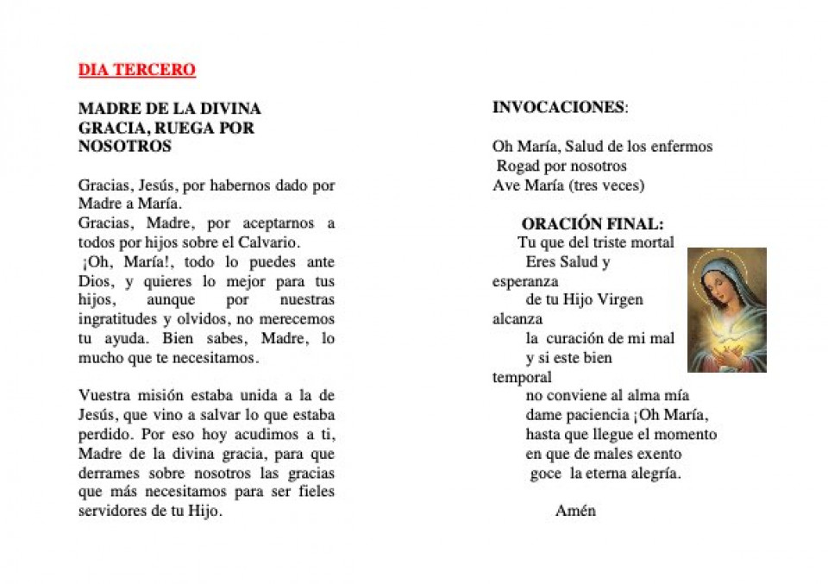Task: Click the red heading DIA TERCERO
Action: click(x=136, y=70)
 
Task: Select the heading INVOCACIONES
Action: click(x=559, y=108)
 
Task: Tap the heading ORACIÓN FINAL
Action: click(x=592, y=223)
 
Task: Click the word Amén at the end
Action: click(x=575, y=511)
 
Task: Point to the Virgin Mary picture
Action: click(x=726, y=310)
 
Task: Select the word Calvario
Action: click(x=266, y=242)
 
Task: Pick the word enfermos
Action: click(x=685, y=147)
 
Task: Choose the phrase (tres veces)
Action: click(x=606, y=185)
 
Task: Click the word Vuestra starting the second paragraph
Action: click(x=103, y=396)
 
